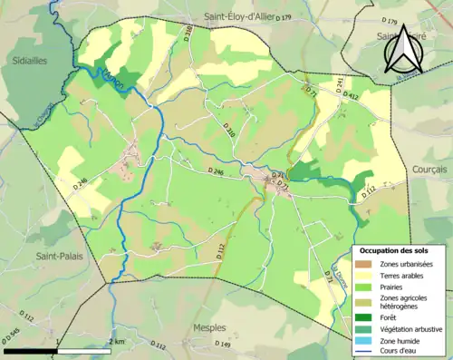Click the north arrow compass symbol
point(401,50)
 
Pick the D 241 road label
point(339,84)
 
